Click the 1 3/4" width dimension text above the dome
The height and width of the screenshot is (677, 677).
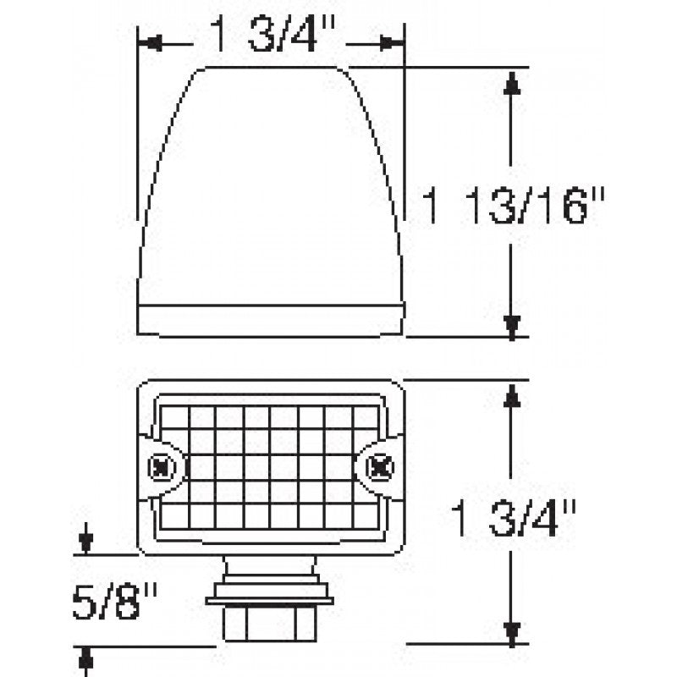(272, 38)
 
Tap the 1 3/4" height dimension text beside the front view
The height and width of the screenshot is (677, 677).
(514, 517)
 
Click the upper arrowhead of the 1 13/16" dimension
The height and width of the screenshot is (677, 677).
(511, 82)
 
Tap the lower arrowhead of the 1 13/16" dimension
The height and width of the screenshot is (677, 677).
(511, 323)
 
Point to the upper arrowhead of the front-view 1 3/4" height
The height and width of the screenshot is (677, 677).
(511, 394)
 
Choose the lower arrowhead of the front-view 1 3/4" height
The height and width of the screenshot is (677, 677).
(511, 630)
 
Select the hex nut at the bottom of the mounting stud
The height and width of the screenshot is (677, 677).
(269, 625)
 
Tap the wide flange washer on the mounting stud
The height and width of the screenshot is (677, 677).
(269, 601)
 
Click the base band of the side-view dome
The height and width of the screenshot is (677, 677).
(270, 320)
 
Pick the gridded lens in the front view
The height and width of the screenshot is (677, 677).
(269, 465)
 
